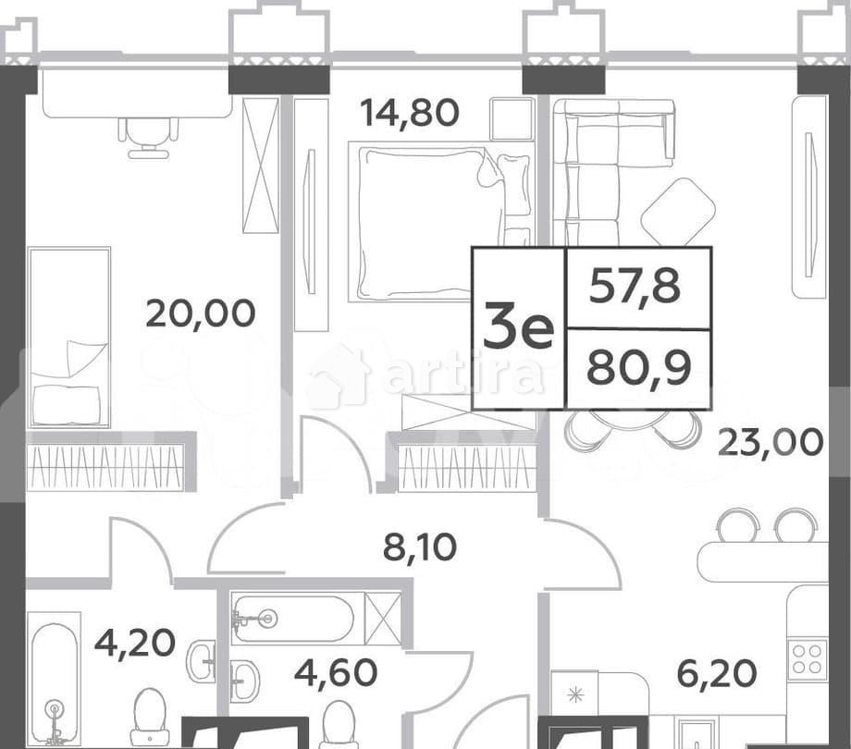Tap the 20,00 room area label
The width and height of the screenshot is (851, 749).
click(200, 313)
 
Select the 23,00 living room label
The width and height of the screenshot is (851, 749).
click(771, 441)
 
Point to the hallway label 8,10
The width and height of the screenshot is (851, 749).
click(420, 548)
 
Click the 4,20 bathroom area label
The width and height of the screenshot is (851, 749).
click(134, 641)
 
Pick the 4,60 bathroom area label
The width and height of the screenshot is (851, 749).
click(335, 671)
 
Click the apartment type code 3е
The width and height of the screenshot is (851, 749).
click(518, 328)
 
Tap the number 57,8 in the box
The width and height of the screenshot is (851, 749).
click(635, 288)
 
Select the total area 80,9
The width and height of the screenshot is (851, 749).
click(635, 369)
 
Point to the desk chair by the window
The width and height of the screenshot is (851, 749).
click(148, 136)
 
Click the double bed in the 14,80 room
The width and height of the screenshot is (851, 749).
click(428, 222)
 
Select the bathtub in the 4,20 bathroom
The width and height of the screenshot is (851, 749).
click(54, 682)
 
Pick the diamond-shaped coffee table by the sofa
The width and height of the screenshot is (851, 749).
click(678, 211)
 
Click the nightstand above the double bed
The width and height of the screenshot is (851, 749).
click(512, 118)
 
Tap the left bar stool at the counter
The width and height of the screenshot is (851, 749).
click(737, 526)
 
